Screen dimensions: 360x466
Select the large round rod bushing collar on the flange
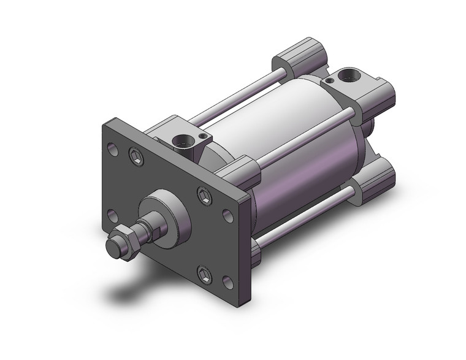tap(164, 212)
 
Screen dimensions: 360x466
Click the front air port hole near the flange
tap(182, 146)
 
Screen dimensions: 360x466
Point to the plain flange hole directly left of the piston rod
tap(112, 215)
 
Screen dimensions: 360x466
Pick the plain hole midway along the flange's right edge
tap(226, 216)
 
